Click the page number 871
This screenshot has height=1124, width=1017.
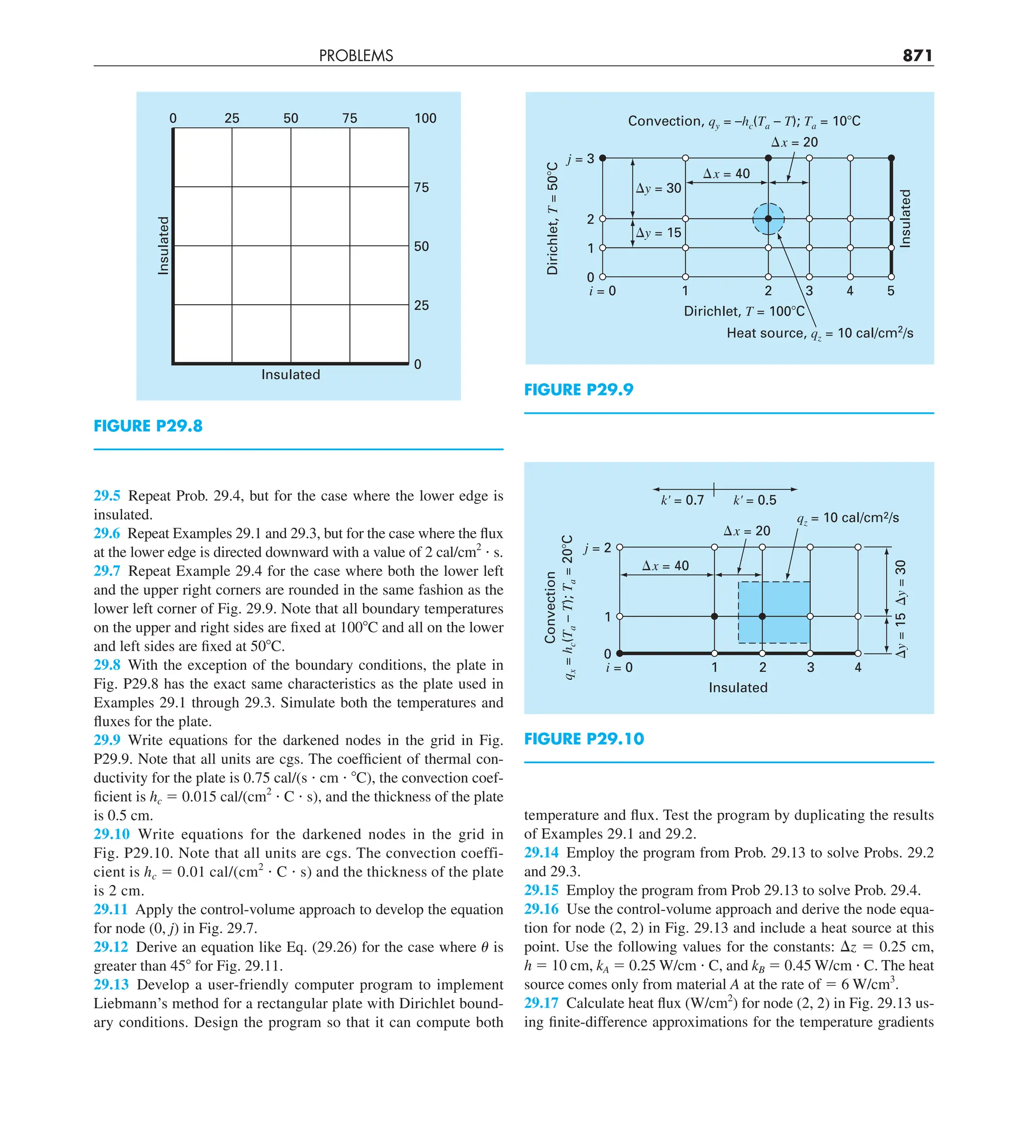pyautogui.click(x=917, y=55)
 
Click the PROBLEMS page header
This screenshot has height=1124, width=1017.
pyautogui.click(x=356, y=56)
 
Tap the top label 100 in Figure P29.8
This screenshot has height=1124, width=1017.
pyautogui.click(x=425, y=118)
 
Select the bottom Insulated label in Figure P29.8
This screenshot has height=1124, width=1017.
pyautogui.click(x=291, y=375)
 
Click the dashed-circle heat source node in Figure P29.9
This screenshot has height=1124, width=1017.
pyautogui.click(x=768, y=219)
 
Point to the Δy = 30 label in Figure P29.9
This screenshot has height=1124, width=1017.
pyautogui.click(x=658, y=188)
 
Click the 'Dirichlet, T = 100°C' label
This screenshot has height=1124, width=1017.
pyautogui.click(x=744, y=311)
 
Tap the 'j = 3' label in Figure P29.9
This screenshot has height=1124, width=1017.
pyautogui.click(x=581, y=159)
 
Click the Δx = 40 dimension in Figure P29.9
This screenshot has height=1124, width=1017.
pyautogui.click(x=726, y=173)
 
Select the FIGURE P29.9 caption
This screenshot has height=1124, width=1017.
pyautogui.click(x=579, y=390)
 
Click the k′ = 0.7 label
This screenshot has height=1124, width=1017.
pyautogui.click(x=682, y=500)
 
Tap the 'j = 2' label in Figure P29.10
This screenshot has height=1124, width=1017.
pyautogui.click(x=597, y=548)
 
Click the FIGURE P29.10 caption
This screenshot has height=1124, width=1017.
pyautogui.click(x=583, y=739)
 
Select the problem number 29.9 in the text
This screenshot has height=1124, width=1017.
pyautogui.click(x=107, y=740)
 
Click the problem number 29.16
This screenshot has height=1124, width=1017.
pyautogui.click(x=541, y=909)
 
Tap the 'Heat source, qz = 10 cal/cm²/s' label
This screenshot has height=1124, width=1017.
pyautogui.click(x=819, y=333)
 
